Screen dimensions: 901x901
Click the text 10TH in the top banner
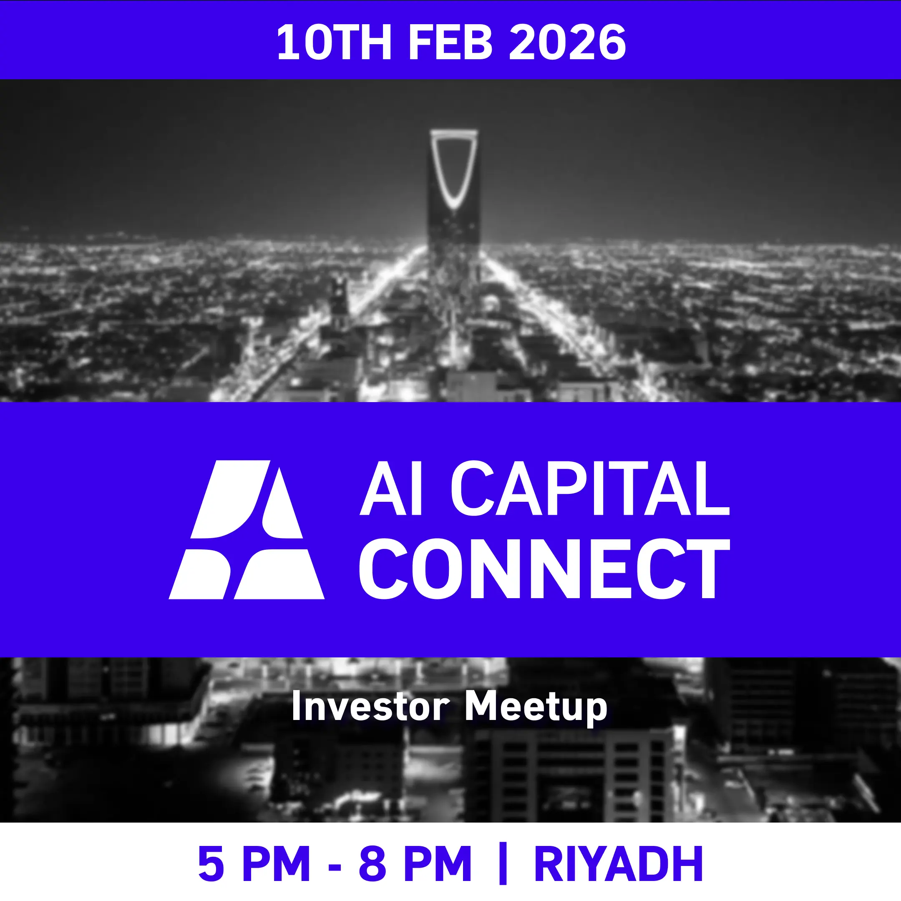pyautogui.click(x=334, y=43)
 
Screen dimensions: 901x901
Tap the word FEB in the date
pyautogui.click(x=450, y=43)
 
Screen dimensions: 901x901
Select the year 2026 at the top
pyautogui.click(x=567, y=43)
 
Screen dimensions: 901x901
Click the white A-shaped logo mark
pyautogui.click(x=246, y=530)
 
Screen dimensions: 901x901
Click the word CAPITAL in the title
pyautogui.click(x=589, y=489)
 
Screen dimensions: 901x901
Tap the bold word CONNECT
pyautogui.click(x=544, y=569)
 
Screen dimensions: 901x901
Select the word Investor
pyautogui.click(x=370, y=707)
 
